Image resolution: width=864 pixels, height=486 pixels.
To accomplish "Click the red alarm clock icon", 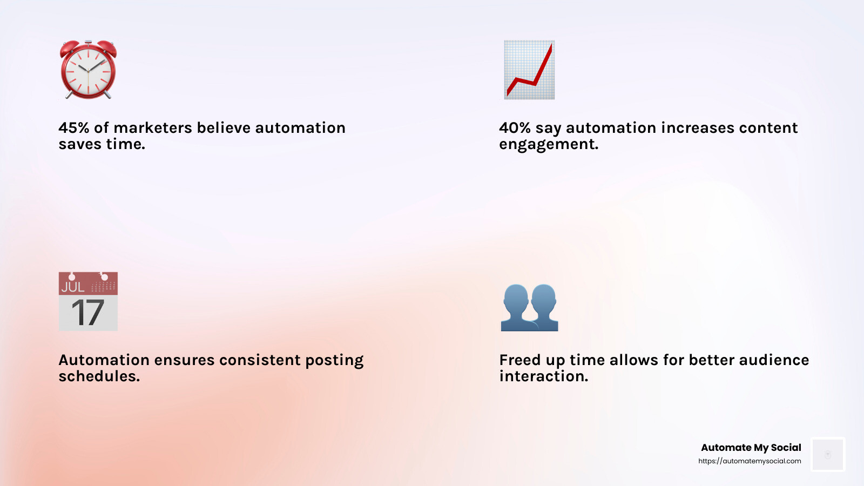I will tap(88, 70).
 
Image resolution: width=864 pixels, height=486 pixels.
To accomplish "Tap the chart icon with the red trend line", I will tap(529, 70).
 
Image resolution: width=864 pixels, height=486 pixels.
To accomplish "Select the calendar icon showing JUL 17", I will tap(88, 301).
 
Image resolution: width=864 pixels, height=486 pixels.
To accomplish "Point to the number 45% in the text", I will tap(74, 128).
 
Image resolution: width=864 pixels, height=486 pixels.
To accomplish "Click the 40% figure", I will tap(515, 128).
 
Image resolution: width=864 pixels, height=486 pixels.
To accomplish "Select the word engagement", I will tap(549, 145).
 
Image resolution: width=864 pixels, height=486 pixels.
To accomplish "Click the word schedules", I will tap(99, 376).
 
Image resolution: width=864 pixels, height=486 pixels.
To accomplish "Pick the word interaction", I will tap(543, 376).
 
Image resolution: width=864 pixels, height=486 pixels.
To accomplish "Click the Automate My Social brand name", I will tap(751, 448).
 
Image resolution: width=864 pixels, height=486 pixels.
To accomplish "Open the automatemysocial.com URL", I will tap(750, 461).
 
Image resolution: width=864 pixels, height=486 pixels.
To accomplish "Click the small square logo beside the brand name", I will tap(828, 454).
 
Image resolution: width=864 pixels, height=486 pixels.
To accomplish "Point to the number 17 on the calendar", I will tap(87, 313).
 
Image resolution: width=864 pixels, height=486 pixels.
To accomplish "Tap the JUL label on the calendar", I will tap(72, 287).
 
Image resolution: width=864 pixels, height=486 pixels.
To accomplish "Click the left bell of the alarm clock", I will tap(69, 48).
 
